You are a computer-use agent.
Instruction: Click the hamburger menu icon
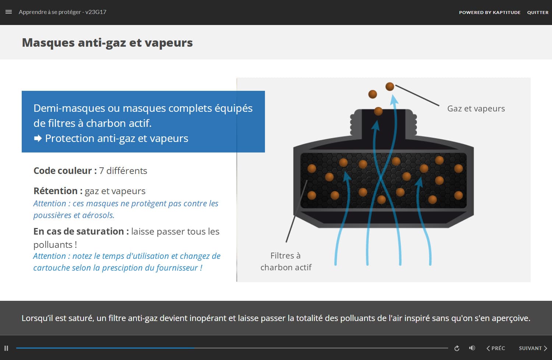coord(9,12)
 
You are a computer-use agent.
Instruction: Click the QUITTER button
coord(538,13)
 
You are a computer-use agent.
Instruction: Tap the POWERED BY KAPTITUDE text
coord(489,13)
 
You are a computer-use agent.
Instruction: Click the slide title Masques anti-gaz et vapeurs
coord(107,43)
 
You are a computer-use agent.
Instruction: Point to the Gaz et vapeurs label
coord(476,109)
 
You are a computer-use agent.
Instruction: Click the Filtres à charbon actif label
coord(286,261)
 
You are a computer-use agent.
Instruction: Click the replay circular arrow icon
coord(457,348)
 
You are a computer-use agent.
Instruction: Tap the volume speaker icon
coord(472,348)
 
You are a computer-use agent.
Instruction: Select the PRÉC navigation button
coord(496,348)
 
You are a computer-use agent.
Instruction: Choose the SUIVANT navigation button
coord(532,348)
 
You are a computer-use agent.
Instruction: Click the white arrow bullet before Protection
coord(38,139)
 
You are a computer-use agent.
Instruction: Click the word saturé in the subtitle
coord(80,318)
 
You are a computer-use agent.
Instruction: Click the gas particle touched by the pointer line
coord(390,87)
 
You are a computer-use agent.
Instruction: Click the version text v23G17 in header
coord(96,12)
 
